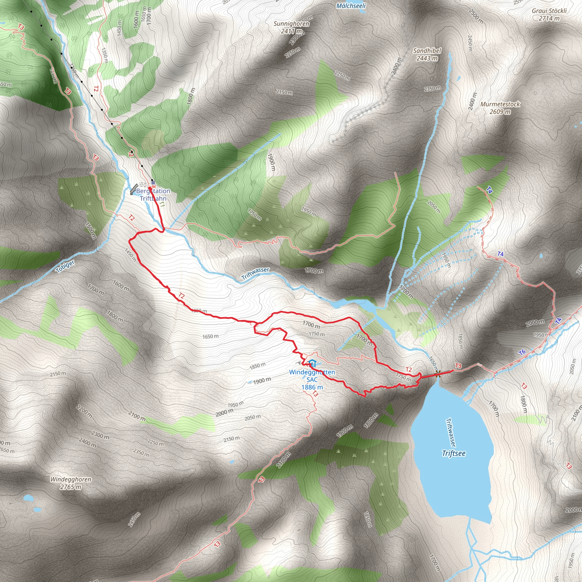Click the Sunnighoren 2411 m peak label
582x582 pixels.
coord(291,27)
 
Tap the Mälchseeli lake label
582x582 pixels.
coord(351,6)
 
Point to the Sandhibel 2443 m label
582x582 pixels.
coord(427,55)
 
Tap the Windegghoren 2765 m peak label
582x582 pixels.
coord(70,483)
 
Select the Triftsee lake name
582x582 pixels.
coord(454,453)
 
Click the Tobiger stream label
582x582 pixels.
coord(65,266)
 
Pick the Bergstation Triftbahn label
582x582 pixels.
coord(153,195)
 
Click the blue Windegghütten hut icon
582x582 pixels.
coord(312,363)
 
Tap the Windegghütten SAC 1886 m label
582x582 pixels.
coord(312,380)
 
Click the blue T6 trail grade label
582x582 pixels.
coord(522,352)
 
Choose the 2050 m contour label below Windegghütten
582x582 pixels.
coord(252,417)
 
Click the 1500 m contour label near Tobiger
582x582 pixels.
coord(90,230)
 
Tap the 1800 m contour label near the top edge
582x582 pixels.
coord(191,96)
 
